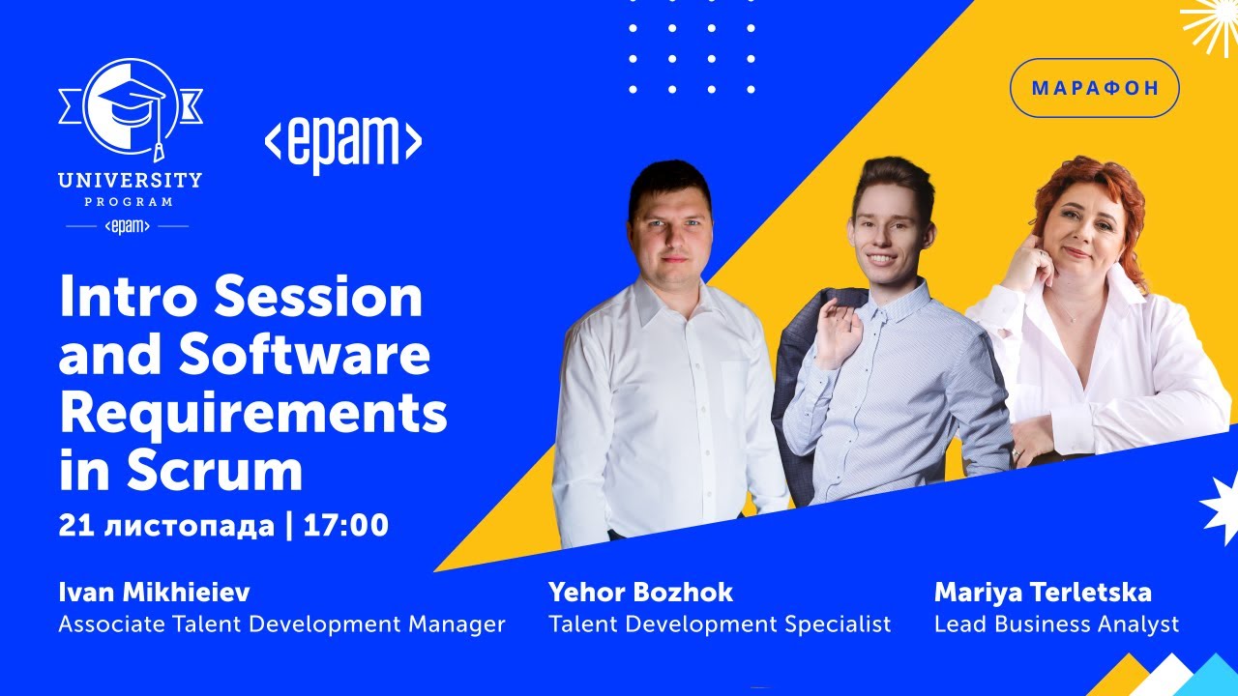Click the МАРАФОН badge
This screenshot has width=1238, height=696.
(1094, 88)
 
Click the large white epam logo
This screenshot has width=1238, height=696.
(343, 144)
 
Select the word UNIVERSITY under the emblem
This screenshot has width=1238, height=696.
(130, 180)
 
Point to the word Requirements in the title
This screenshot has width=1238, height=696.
(253, 414)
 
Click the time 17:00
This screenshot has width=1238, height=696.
(346, 526)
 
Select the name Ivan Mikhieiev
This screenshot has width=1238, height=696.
(154, 592)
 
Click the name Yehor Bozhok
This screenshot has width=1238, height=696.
(640, 592)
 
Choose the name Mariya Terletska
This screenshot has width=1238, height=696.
(1043, 592)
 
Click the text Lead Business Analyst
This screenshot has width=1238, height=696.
(1056, 624)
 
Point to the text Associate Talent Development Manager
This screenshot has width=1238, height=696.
(281, 624)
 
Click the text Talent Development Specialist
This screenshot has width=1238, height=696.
(720, 624)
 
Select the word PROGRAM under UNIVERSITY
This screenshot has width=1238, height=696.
(129, 202)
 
